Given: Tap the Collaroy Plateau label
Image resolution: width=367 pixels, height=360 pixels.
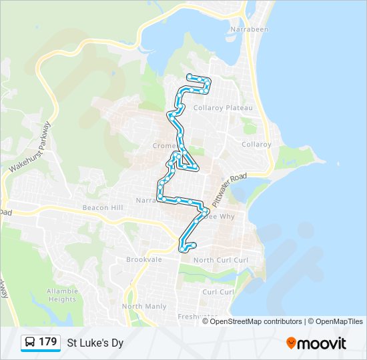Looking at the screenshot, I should [x=222, y=108].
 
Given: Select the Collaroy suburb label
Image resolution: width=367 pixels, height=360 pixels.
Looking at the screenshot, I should [x=256, y=144].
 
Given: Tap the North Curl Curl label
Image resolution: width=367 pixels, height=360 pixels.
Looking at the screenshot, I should [x=220, y=259].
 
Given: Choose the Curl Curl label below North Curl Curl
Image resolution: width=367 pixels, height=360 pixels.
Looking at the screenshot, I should [x=218, y=292].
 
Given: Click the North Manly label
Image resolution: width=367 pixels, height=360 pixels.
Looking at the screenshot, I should [x=144, y=306].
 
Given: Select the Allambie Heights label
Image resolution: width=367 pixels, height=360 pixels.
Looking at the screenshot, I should [x=62, y=295].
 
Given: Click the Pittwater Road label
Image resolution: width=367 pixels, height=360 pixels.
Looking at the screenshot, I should [x=229, y=189].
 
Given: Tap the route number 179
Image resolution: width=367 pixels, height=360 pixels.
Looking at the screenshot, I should [x=47, y=342].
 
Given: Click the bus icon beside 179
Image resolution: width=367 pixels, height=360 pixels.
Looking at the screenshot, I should [x=30, y=343].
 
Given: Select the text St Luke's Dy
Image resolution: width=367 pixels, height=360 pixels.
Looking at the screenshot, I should [x=95, y=343].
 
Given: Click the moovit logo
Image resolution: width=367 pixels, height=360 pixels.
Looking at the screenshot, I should [x=316, y=343].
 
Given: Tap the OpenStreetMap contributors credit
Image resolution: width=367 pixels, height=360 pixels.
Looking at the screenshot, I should [x=256, y=321].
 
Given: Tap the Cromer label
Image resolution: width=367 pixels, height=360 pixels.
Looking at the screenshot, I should [x=164, y=145].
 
